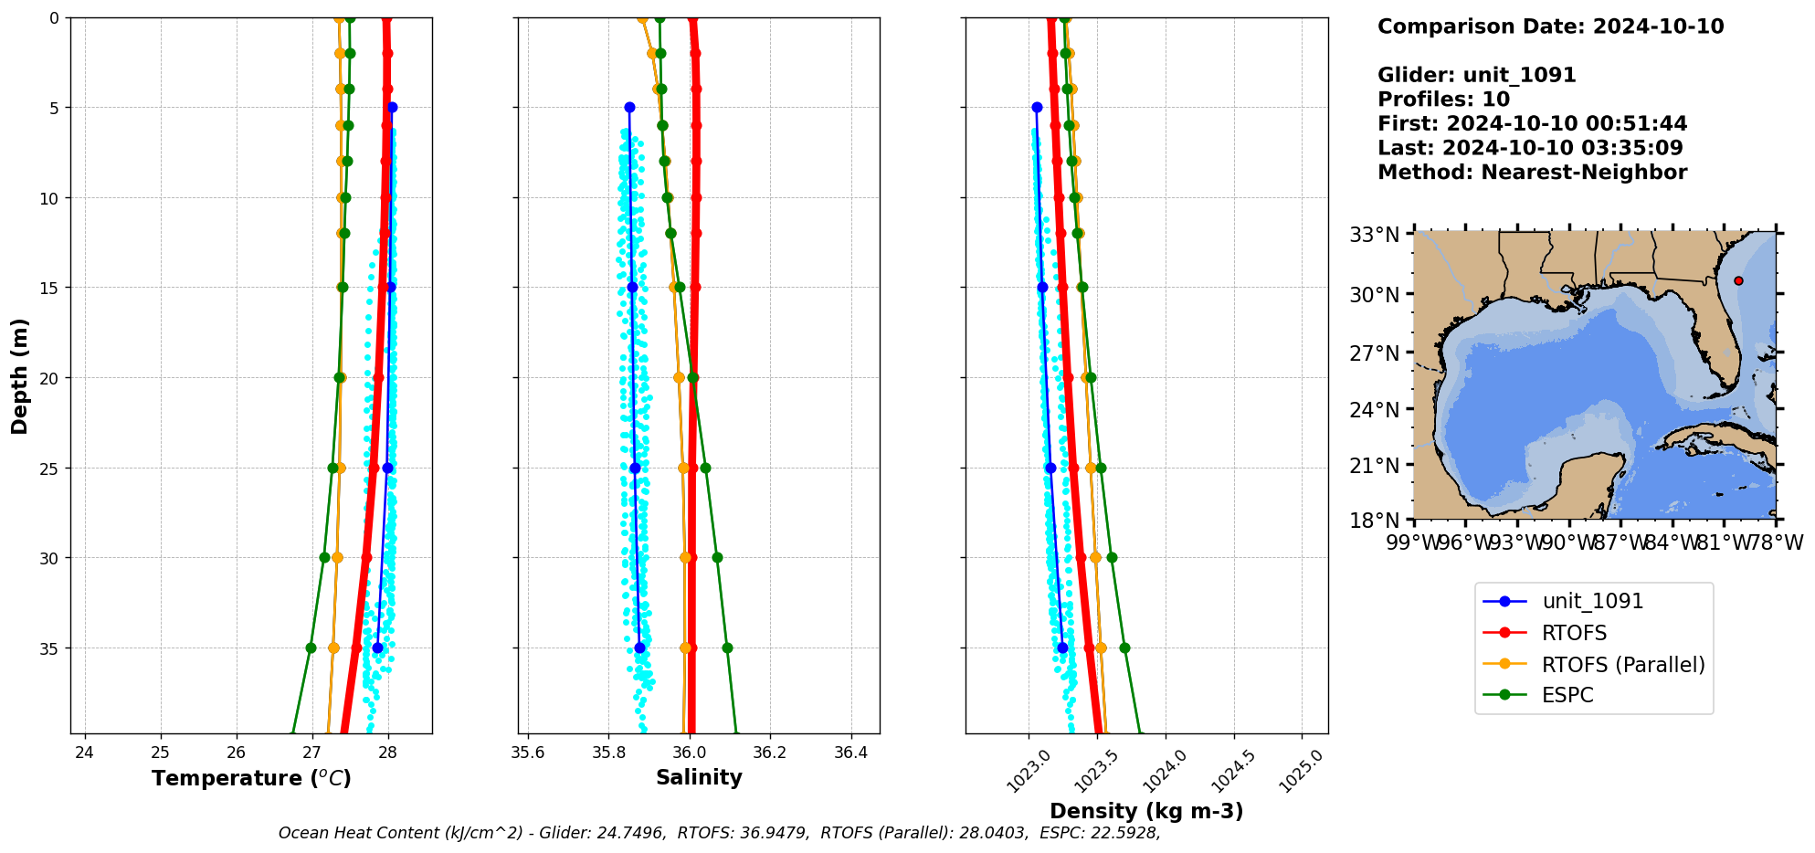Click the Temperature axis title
251,778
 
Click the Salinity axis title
699,777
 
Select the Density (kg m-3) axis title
1146,811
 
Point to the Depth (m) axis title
20,376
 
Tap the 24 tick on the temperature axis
84,753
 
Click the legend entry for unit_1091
1592,601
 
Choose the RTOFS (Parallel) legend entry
1622,665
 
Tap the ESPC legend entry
1567,695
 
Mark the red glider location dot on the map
1738,280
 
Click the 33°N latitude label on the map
1375,235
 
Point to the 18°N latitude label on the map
1375,521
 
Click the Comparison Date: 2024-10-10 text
1550,26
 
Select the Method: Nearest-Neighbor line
1532,172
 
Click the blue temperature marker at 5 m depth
392,108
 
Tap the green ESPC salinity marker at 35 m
727,648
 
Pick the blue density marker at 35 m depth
1062,648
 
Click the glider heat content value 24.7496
631,833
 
